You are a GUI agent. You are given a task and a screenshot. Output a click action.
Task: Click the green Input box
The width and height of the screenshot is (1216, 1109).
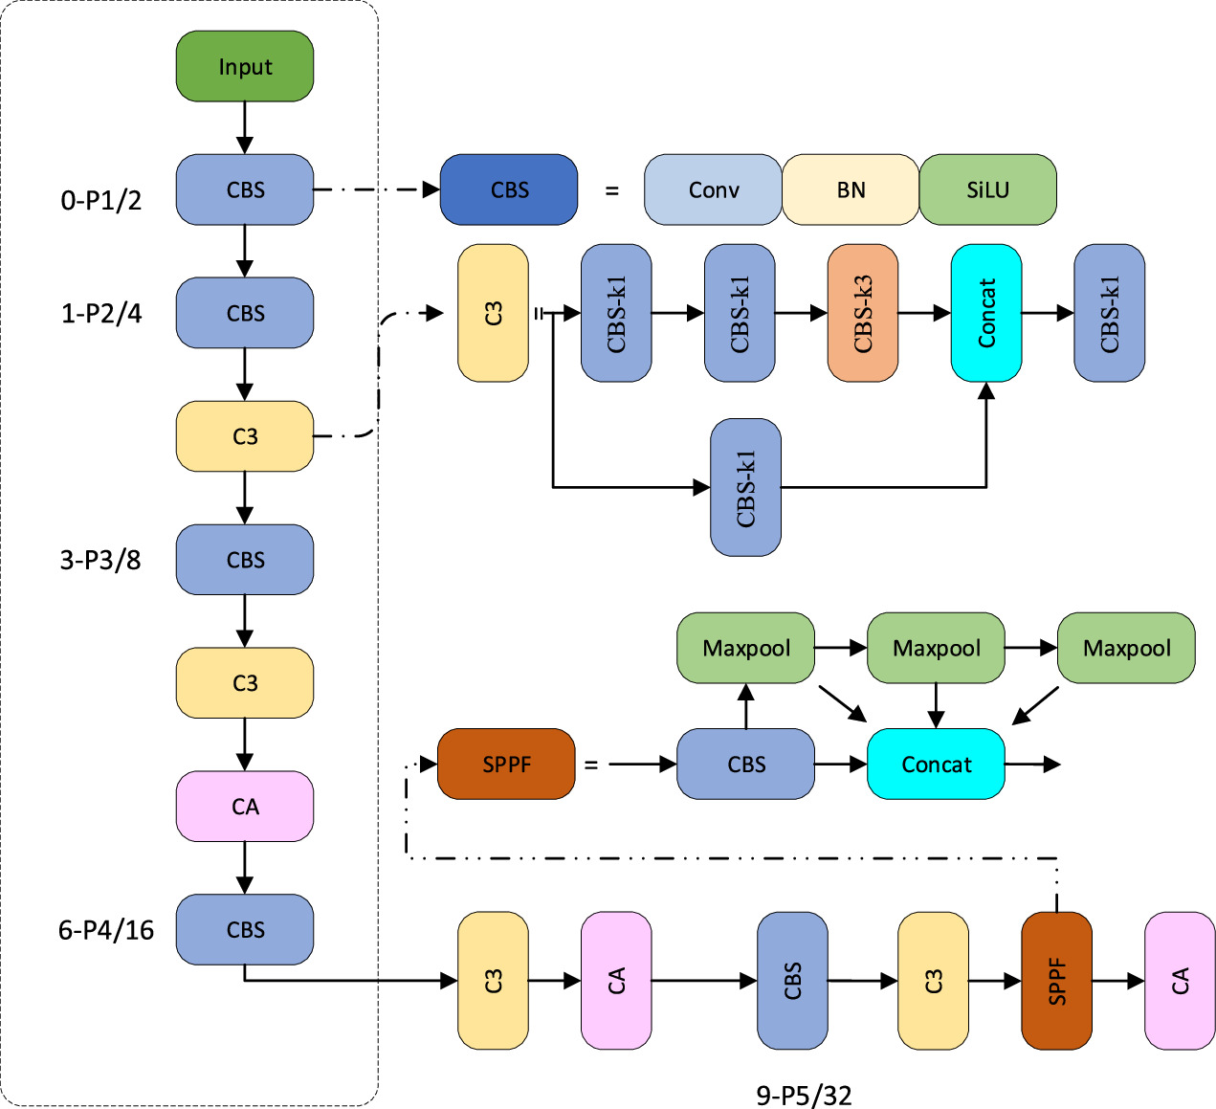click(x=245, y=67)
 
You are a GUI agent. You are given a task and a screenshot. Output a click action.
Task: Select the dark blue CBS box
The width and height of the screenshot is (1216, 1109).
click(x=509, y=189)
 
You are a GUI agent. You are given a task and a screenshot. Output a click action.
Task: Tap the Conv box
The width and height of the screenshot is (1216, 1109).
click(x=713, y=189)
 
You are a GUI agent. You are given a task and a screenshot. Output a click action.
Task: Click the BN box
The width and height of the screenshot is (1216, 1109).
click(x=851, y=189)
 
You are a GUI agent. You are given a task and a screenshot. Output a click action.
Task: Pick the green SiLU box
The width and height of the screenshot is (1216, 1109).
click(x=987, y=189)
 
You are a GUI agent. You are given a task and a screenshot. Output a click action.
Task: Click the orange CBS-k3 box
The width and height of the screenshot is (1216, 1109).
click(x=863, y=313)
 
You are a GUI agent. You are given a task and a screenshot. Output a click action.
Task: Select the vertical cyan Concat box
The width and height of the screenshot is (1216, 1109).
click(x=986, y=313)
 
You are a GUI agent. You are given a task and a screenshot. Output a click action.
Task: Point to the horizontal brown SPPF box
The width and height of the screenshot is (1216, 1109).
click(x=506, y=764)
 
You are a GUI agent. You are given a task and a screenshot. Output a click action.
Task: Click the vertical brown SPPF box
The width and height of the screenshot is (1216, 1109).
click(x=1056, y=981)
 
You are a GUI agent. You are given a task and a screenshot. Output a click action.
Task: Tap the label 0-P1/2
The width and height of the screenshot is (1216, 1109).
click(x=101, y=200)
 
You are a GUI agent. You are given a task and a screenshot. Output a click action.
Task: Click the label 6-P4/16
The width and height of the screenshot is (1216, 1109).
click(x=106, y=930)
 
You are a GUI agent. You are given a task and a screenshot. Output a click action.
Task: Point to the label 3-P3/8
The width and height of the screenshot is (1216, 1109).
click(x=100, y=560)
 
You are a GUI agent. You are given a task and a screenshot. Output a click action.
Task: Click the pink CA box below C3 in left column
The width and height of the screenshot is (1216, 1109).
click(x=245, y=807)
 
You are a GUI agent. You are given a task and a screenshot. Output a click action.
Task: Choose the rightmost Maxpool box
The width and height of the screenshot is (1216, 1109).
click(x=1126, y=648)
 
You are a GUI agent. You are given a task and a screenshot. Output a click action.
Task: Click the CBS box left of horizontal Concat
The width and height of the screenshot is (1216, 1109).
click(x=745, y=764)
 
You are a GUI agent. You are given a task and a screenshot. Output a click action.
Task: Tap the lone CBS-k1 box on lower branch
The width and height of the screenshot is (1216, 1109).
click(x=746, y=487)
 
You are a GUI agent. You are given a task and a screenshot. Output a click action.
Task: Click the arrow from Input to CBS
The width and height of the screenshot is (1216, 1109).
click(x=245, y=127)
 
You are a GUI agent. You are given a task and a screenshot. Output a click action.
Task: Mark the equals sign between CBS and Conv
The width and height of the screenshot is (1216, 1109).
click(x=611, y=190)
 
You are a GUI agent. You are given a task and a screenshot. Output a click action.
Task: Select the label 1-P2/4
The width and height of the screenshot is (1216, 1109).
click(x=101, y=314)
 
